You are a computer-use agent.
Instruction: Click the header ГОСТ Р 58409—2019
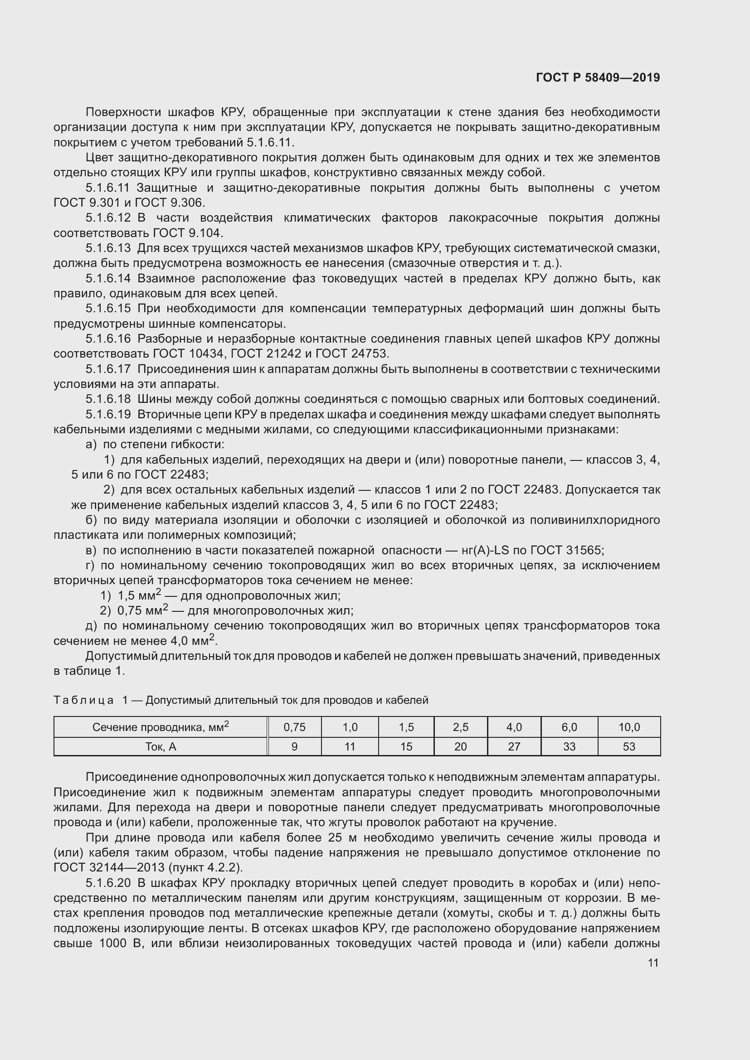pyautogui.click(x=598, y=77)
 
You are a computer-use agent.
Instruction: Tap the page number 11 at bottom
pyautogui.click(x=653, y=963)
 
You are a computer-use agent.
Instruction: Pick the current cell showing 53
pyautogui.click(x=628, y=746)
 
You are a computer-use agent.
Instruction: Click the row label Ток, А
pyautogui.click(x=160, y=746)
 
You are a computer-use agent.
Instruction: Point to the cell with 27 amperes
pyautogui.click(x=514, y=746)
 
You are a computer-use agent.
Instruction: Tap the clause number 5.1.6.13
pyautogui.click(x=108, y=248)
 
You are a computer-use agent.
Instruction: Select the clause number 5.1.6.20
pyautogui.click(x=108, y=883)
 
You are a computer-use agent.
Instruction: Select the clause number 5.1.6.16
pyautogui.click(x=108, y=339)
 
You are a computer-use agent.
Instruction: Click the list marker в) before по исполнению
pyautogui.click(x=91, y=550)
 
